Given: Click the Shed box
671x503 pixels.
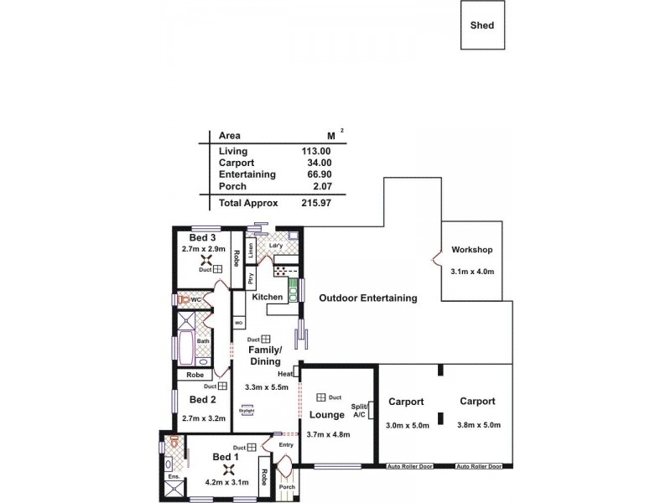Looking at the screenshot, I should tap(482, 25).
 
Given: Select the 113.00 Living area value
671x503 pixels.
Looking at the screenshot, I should tap(316, 151).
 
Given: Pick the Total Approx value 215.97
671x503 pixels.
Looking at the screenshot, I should tap(316, 203).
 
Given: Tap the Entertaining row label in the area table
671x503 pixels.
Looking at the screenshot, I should tap(247, 174).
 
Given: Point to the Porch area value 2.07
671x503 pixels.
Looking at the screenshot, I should tap(321, 186).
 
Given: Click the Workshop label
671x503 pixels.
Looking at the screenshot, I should tap(471, 250).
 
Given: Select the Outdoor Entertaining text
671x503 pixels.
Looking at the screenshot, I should tap(367, 298).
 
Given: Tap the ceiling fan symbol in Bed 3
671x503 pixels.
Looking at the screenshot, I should tap(203, 260).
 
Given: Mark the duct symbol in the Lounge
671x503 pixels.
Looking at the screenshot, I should tap(320, 397).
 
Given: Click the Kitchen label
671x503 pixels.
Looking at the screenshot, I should tap(268, 298).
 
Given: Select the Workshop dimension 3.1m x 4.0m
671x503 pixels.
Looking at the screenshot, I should tap(471, 272).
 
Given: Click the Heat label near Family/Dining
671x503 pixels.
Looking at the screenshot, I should tap(285, 373).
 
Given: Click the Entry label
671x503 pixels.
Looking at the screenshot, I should tap(286, 445).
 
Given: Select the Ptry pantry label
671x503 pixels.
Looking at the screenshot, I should tap(250, 278).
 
